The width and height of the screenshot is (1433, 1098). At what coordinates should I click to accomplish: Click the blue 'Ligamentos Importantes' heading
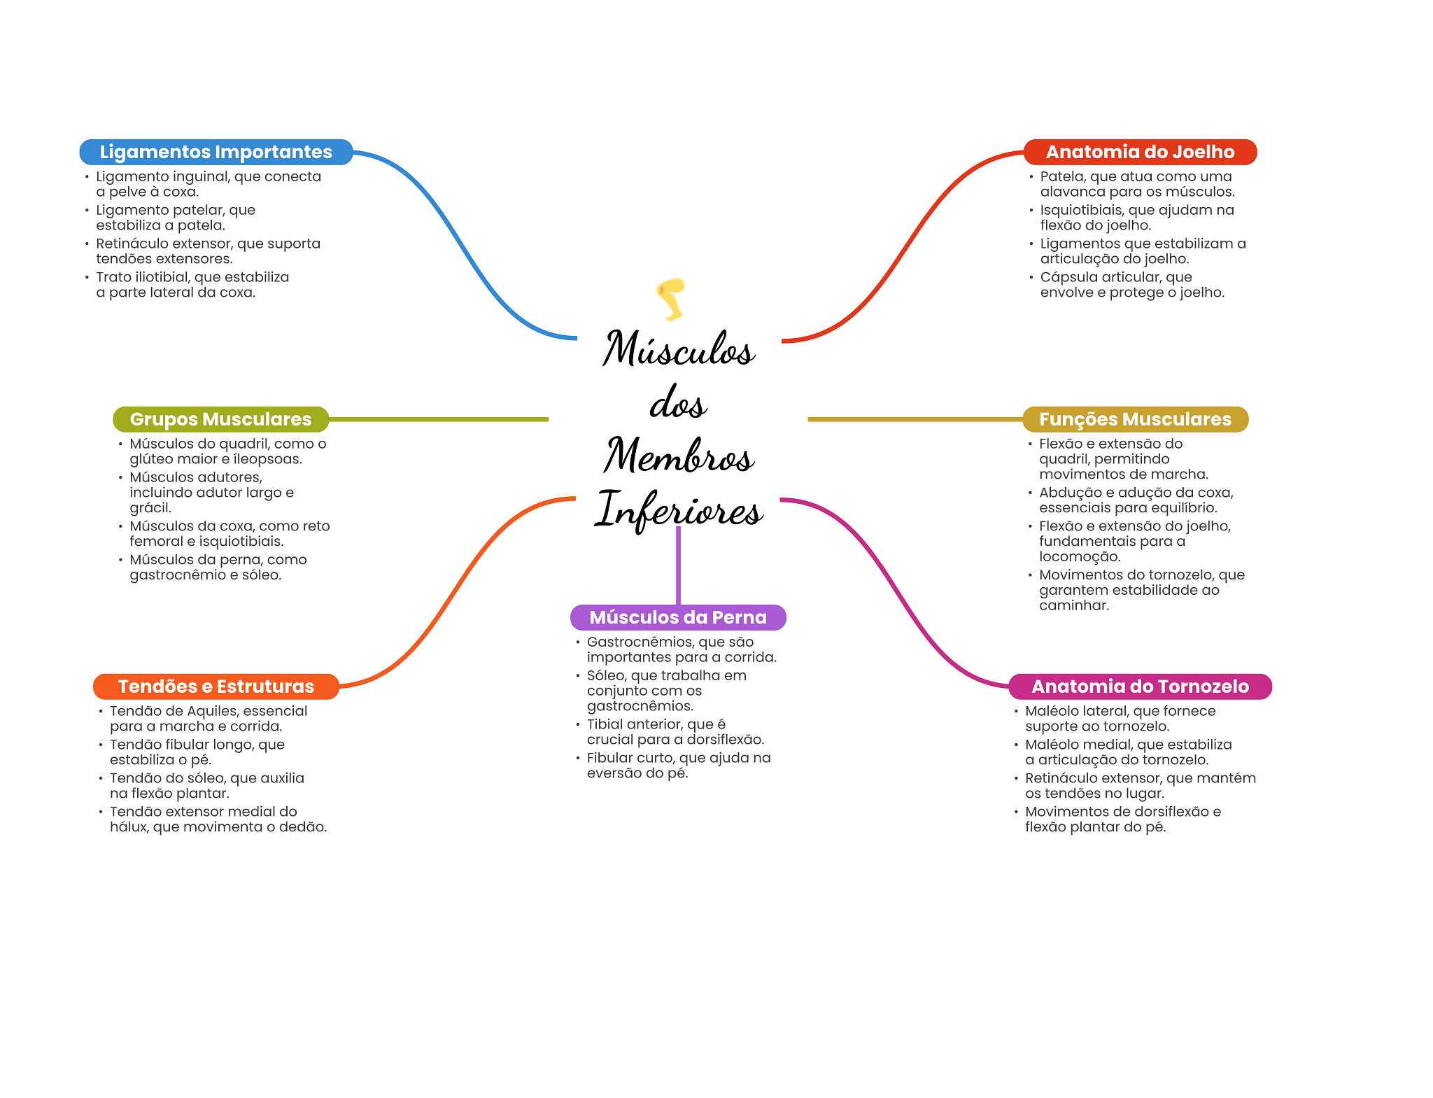click(216, 152)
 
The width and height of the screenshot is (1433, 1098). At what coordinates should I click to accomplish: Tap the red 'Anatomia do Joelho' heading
click(1139, 152)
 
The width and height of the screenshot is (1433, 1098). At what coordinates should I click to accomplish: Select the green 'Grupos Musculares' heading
click(220, 419)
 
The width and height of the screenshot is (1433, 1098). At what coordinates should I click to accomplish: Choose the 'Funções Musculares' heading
click(1135, 419)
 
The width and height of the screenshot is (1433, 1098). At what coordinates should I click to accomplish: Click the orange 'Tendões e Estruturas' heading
click(216, 687)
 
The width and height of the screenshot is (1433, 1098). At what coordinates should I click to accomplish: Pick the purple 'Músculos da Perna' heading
click(677, 617)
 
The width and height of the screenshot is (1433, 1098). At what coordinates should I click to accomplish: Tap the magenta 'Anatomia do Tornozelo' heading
click(1139, 687)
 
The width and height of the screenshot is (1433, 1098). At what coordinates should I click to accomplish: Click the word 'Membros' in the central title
click(679, 456)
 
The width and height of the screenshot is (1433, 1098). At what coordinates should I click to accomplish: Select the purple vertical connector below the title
click(678, 565)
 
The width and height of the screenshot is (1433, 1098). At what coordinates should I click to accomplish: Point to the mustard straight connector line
click(915, 419)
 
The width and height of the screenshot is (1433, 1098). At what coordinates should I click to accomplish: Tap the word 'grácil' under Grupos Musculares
click(150, 508)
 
